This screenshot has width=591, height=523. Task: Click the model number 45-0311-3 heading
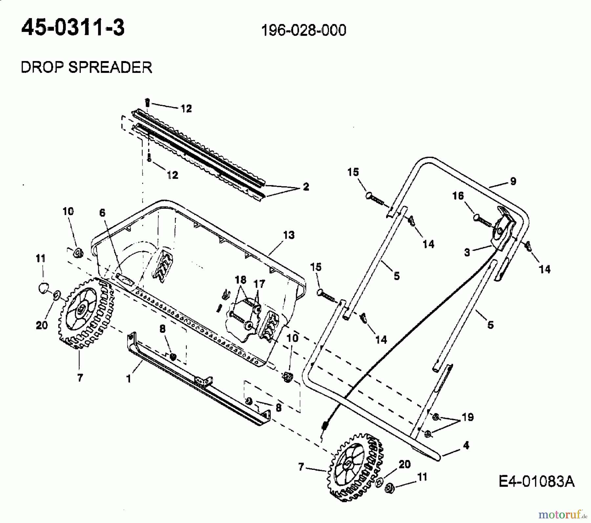pos(73,28)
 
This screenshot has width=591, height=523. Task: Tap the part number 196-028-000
pos(303,31)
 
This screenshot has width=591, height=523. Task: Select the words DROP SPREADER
pos(86,67)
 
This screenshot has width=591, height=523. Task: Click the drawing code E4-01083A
pos(536,482)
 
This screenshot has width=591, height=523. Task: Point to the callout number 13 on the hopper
pos(289,235)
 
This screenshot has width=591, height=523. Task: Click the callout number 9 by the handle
pos(513,181)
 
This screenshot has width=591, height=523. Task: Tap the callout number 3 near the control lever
pos(467,252)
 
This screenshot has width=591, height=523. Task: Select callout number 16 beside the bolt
pos(458,196)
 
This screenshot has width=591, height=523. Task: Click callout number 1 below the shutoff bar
pos(129,379)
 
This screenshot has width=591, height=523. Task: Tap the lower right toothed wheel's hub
pos(347,464)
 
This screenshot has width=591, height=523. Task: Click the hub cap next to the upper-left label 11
pos(42,288)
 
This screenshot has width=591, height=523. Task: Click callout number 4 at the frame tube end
pos(466,446)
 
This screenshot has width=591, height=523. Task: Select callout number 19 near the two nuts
pos(468,417)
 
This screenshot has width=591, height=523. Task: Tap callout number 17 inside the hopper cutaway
pos(259,284)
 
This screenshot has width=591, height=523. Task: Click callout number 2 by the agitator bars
pos(306,187)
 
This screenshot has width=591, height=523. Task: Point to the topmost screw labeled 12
pos(148,102)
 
